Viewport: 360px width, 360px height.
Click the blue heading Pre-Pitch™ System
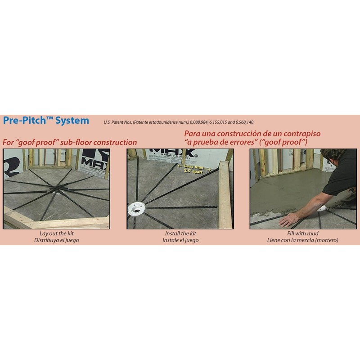pos(46,120)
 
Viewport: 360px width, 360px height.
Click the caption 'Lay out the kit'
pos(57,234)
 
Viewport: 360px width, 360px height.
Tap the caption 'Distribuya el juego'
pos(57,240)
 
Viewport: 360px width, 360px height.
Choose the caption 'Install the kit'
pos(180,234)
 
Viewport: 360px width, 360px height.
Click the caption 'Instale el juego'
pos(180,240)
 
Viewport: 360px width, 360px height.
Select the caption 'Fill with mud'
pos(302,234)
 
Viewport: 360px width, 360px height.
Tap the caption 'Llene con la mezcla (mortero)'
pos(302,240)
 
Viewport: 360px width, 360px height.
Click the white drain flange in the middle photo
pos(136,209)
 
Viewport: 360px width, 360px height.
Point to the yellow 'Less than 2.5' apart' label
pos(194,169)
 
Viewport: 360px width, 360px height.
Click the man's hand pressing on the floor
pos(289,220)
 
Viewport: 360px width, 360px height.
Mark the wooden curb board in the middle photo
pos(225,195)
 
